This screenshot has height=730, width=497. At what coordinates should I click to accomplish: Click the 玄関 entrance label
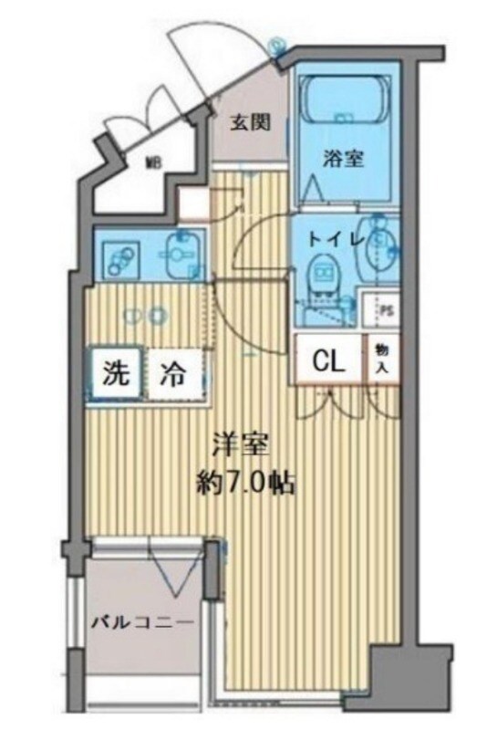coord(249,122)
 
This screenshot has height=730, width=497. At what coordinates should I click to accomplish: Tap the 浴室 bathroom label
coord(343,157)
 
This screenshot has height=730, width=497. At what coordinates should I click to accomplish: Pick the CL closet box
coord(328,360)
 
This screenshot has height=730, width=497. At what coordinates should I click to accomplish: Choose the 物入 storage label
coord(380,360)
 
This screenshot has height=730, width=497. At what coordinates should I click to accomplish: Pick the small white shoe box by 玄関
coord(193,203)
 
